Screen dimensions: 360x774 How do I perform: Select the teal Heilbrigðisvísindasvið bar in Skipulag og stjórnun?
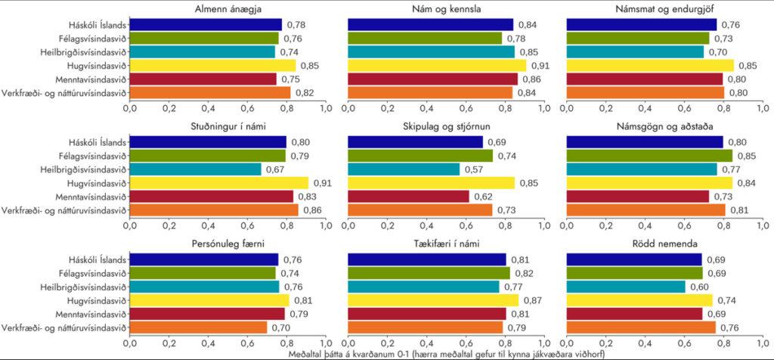[x=404, y=169]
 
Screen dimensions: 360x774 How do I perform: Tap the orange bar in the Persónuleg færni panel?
[x=198, y=327]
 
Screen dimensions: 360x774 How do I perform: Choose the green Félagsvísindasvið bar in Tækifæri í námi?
[x=429, y=273]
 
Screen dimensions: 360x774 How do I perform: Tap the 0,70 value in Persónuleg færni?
[x=280, y=327]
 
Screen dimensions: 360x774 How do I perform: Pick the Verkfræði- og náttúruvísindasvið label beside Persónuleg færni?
[x=63, y=327]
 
